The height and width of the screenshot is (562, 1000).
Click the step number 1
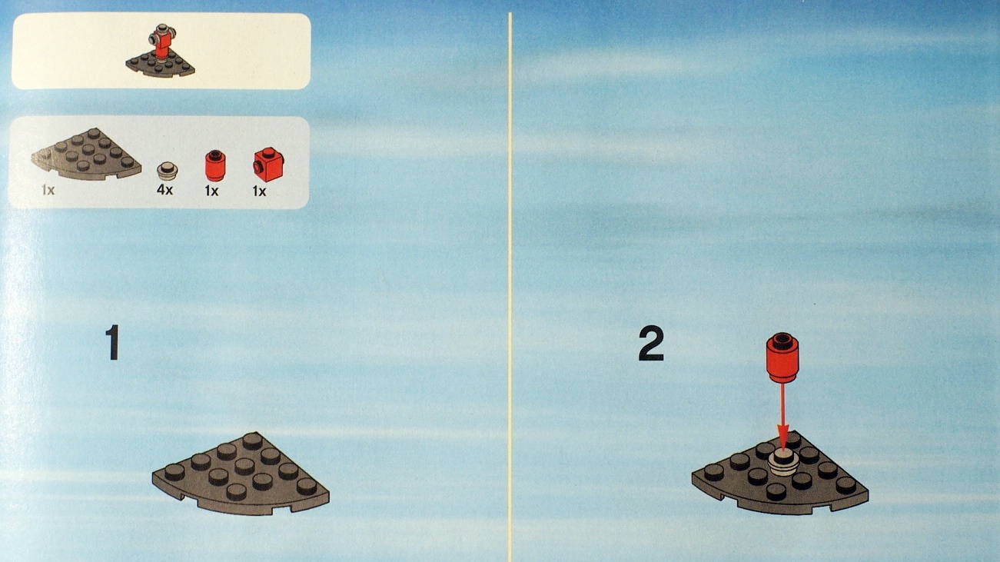click(112, 344)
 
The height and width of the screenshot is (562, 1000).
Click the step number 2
click(650, 346)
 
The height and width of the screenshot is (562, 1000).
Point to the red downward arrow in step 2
click(783, 415)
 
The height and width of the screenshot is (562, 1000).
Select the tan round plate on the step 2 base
click(783, 463)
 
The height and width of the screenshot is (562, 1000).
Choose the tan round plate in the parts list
click(166, 169)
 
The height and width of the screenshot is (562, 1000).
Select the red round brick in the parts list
click(214, 165)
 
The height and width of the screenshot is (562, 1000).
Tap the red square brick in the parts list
click(270, 165)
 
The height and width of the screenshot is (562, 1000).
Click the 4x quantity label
click(164, 190)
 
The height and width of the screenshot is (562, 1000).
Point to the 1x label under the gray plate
click(48, 190)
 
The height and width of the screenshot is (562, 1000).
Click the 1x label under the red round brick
click(211, 191)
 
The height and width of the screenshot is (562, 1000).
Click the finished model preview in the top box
click(161, 52)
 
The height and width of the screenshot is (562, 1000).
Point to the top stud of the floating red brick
click(782, 339)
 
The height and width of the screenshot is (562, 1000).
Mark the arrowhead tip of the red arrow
click(783, 447)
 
